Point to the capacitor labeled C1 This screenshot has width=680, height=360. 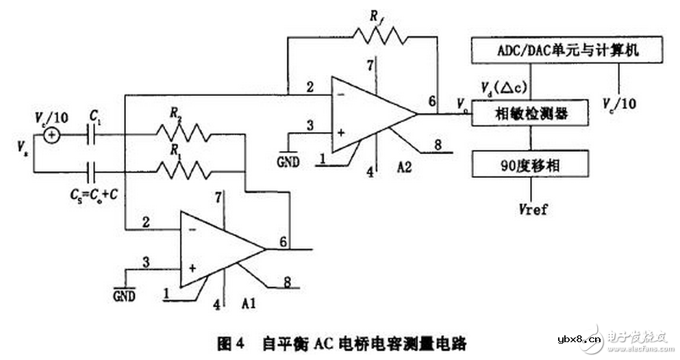tap(91, 135)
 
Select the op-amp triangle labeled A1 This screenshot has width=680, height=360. tap(218, 248)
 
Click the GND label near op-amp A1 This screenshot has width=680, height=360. tap(125, 296)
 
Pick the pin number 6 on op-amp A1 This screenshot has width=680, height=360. tap(282, 242)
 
